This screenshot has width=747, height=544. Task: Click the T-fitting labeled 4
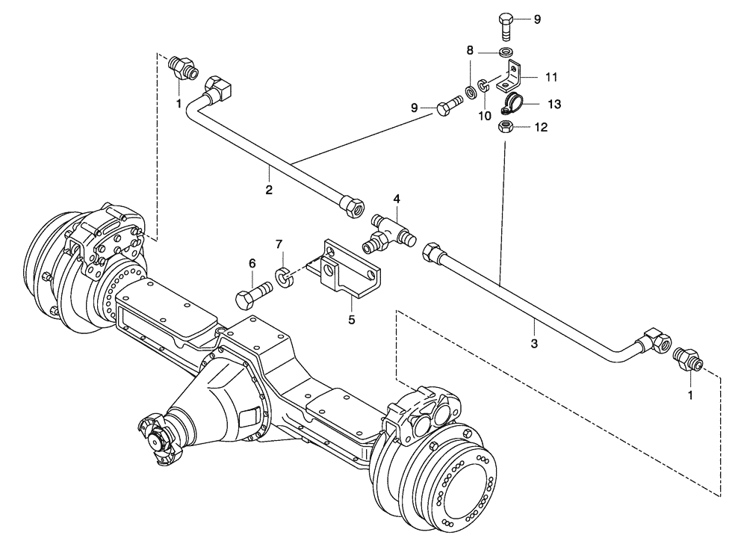[389, 230]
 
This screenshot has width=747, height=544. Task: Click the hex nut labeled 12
[505, 127]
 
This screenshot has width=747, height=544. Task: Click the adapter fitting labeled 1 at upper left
[182, 67]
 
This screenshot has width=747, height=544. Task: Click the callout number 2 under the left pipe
[269, 190]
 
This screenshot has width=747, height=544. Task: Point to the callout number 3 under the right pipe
[533, 344]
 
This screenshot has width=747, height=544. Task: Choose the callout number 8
[470, 50]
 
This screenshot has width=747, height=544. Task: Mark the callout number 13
[554, 103]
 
